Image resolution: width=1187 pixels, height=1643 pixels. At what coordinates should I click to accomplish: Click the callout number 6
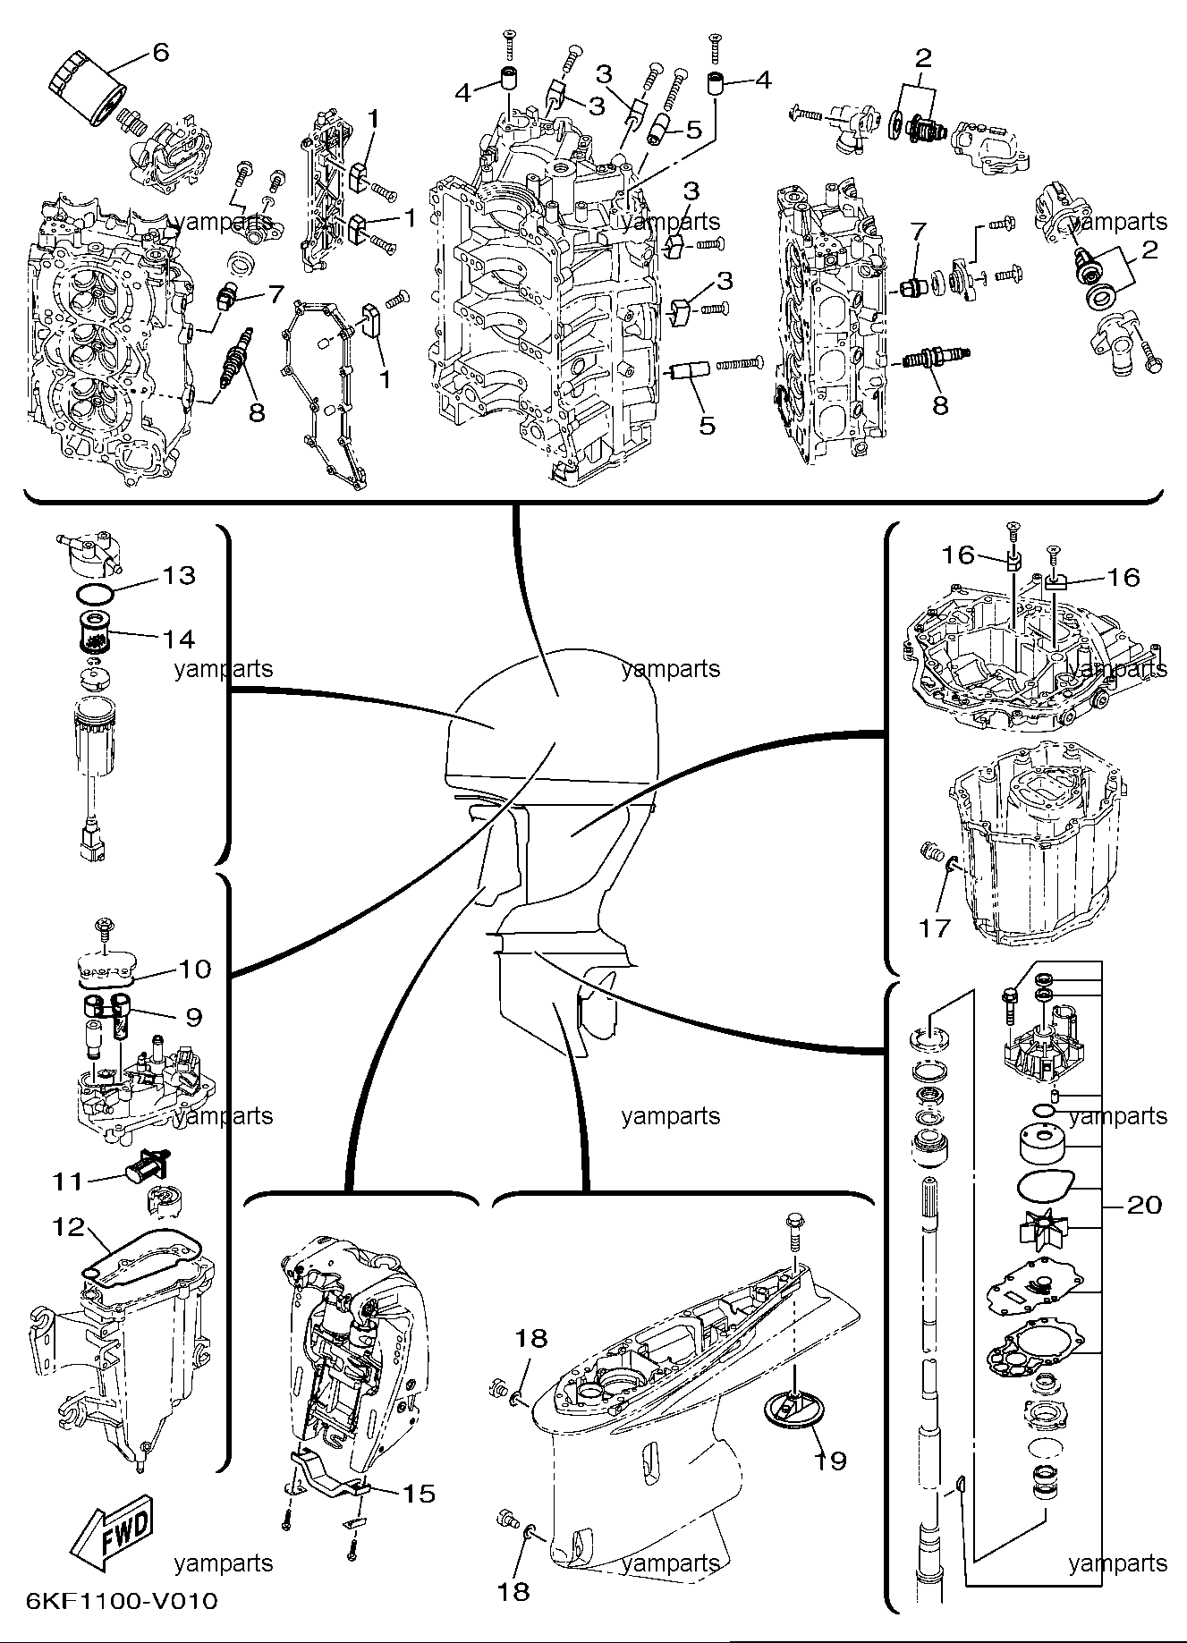(159, 52)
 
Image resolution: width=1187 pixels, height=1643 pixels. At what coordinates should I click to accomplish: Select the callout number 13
(179, 574)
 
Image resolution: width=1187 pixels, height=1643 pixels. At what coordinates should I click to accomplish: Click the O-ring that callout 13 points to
(93, 593)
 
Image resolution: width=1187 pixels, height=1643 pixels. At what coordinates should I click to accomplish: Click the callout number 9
(194, 1016)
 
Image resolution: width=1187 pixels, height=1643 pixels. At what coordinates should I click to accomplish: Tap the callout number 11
(68, 1181)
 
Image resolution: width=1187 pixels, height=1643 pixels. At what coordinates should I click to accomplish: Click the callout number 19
(830, 1461)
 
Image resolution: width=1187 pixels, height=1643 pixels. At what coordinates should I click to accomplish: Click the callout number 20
(1144, 1206)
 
